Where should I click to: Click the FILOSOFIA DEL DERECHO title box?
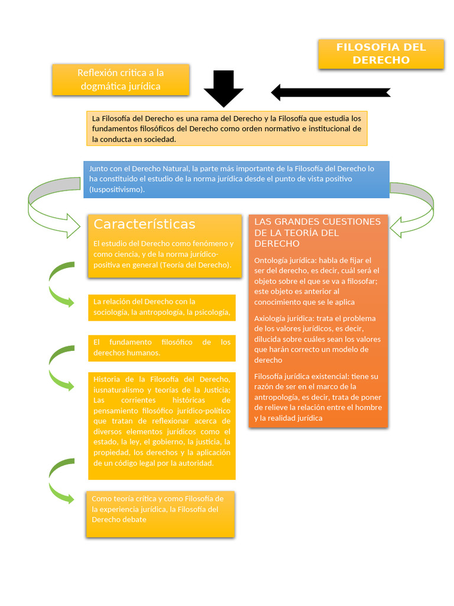tap(381, 54)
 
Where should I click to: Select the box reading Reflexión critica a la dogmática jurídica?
tap(121, 80)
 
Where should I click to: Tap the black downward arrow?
tap(223, 89)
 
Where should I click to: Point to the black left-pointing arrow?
tap(331, 93)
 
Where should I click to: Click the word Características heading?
tap(144, 224)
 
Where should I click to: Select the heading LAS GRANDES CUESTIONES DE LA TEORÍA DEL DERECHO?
tap(317, 232)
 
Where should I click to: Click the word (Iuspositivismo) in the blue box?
tap(117, 189)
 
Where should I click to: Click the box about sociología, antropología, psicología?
tap(162, 308)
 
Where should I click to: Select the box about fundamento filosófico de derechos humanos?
tap(162, 348)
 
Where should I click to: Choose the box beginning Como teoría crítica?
tap(160, 514)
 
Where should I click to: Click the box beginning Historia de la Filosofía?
tap(162, 426)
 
